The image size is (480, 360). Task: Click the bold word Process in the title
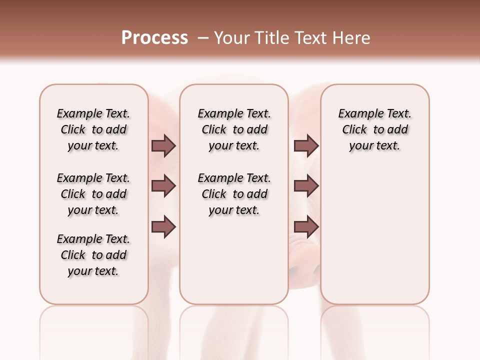[154, 37]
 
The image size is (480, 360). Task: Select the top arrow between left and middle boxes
[163, 145]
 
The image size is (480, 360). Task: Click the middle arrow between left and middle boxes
[163, 186]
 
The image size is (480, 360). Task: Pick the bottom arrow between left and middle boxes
[163, 226]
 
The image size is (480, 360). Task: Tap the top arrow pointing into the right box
[306, 145]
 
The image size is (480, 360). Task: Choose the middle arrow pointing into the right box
[306, 186]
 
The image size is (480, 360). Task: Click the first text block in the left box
[93, 129]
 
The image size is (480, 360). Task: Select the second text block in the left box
[93, 194]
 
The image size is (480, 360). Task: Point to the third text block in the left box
[93, 255]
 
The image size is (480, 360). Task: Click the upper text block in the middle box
[234, 129]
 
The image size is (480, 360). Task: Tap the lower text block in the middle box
[234, 194]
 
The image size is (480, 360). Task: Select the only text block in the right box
[374, 129]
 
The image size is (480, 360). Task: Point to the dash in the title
[203, 38]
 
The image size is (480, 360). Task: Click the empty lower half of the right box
[374, 240]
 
